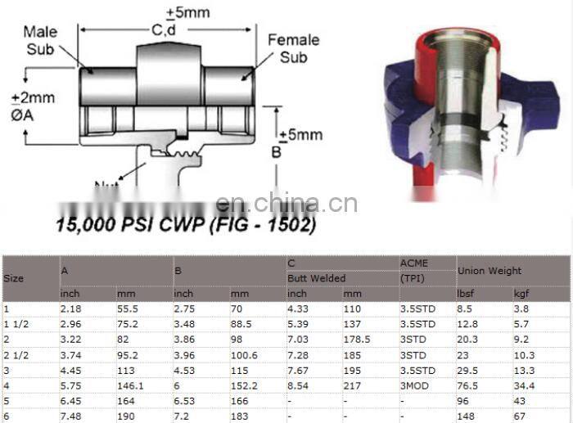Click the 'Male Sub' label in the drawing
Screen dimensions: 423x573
pyautogui.click(x=40, y=39)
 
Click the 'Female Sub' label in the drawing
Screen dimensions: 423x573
pyautogui.click(x=293, y=48)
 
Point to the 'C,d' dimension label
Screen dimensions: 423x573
pyautogui.click(x=160, y=30)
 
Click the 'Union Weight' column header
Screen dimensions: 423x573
pyautogui.click(x=489, y=271)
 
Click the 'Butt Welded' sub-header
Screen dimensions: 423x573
pyautogui.click(x=316, y=278)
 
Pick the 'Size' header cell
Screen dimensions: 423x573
pyautogui.click(x=14, y=278)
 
